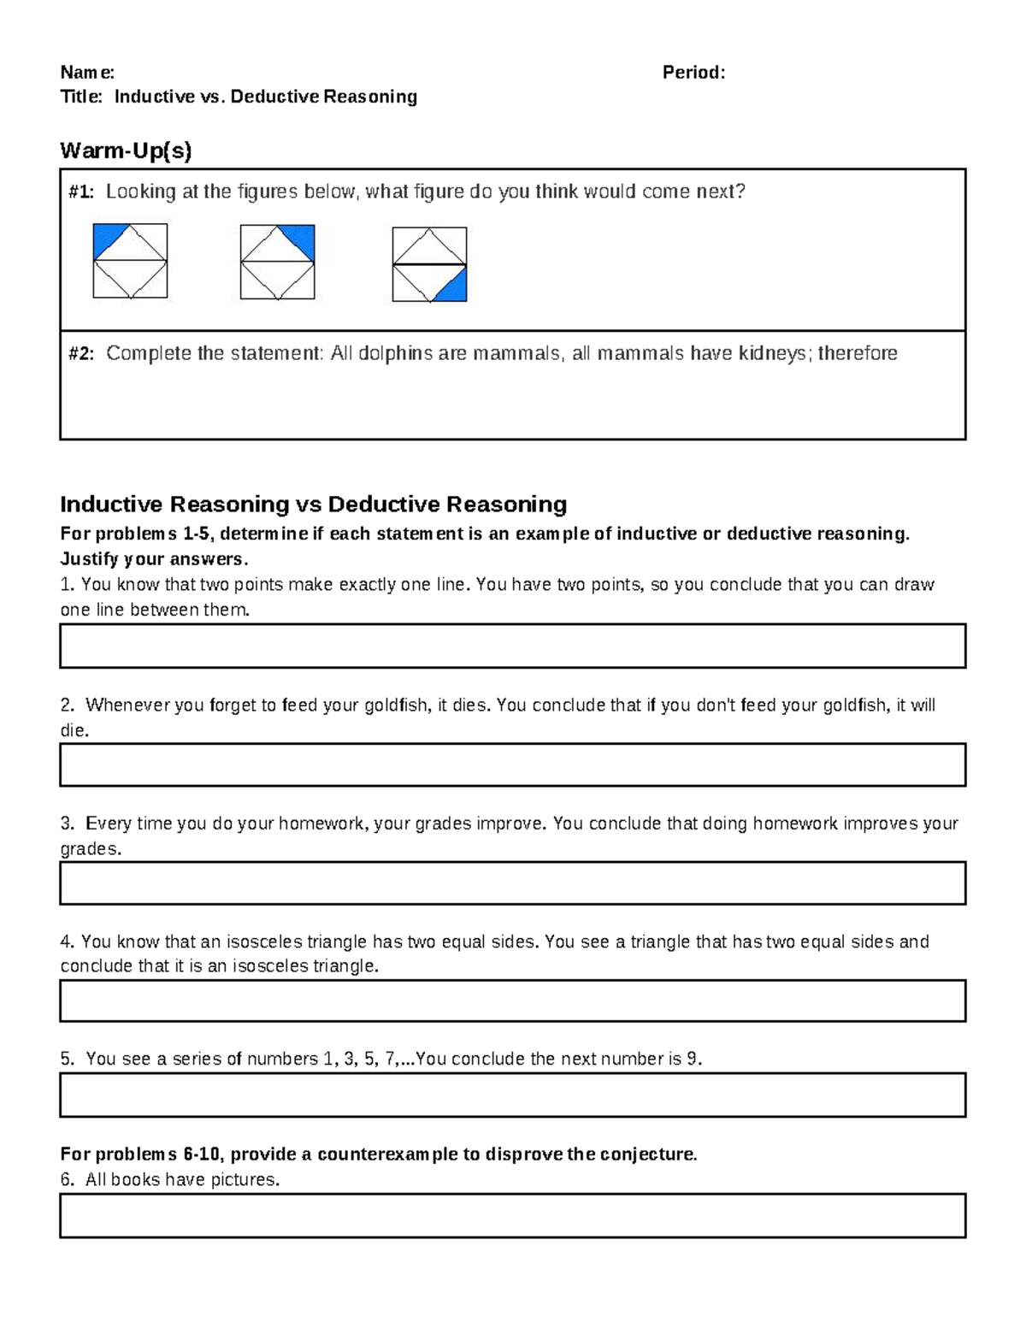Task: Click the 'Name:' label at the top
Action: [86, 73]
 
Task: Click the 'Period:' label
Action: [693, 73]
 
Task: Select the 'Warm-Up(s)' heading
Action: [126, 151]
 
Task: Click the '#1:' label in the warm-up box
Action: [82, 192]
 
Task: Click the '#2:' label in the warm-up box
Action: [82, 353]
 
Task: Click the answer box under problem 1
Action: [512, 646]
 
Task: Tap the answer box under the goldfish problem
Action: [512, 764]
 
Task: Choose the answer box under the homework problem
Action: [512, 882]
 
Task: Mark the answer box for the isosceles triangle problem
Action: [512, 1000]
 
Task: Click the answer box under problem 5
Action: [512, 1095]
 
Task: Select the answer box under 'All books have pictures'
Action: [512, 1216]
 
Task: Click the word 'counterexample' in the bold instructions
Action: [387, 1154]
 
